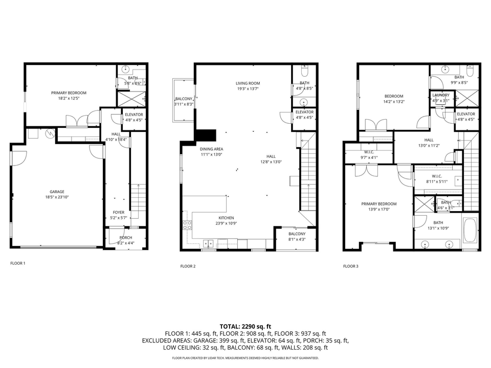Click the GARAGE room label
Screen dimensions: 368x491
click(57, 192)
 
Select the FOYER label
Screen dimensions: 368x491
click(118, 213)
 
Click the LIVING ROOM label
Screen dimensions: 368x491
click(248, 83)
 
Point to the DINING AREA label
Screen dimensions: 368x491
click(211, 149)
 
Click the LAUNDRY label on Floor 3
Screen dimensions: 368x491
click(440, 95)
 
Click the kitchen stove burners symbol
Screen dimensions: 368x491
click(187, 225)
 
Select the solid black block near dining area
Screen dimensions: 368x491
click(206, 135)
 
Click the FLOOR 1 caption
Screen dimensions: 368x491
click(17, 263)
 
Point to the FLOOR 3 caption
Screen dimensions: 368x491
click(350, 266)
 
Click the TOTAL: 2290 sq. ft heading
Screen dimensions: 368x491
click(245, 326)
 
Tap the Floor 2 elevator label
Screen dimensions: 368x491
click(304, 112)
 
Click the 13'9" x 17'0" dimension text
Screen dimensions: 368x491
click(379, 209)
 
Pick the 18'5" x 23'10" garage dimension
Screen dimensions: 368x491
click(57, 197)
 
